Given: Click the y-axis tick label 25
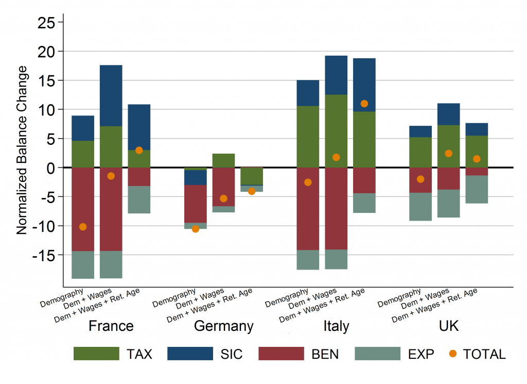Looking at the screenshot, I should [x=47, y=22].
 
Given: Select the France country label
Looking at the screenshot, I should [x=111, y=326].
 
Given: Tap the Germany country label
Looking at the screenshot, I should [x=223, y=326].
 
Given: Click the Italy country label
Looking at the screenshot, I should [x=336, y=326].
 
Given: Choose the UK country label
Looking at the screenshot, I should [x=448, y=326].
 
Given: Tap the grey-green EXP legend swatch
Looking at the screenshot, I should [x=377, y=354].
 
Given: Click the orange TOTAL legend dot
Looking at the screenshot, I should [x=452, y=354].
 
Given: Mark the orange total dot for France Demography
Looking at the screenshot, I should [x=83, y=227].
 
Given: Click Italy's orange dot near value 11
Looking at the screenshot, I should [x=364, y=104].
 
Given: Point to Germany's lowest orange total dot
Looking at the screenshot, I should [x=196, y=229].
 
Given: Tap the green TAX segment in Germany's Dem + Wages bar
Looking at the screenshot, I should [x=223, y=160].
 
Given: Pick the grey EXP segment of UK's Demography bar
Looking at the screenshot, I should [x=420, y=207].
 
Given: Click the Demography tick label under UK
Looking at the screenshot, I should [x=399, y=298].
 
